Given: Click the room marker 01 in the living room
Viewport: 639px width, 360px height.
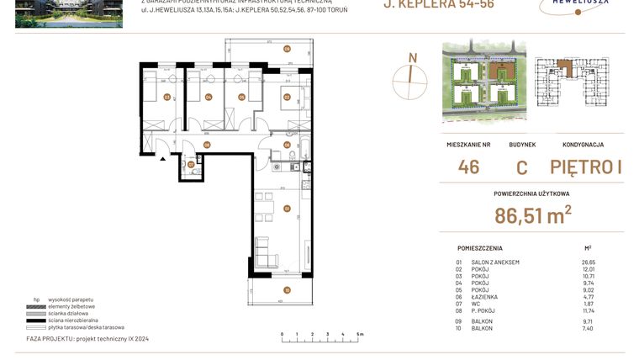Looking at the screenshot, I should (x=287, y=208).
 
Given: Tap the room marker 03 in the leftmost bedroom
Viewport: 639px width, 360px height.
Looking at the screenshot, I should (x=167, y=97).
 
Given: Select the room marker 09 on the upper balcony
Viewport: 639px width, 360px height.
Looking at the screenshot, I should (x=287, y=50).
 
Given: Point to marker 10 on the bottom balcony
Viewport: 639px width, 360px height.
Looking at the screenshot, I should (x=287, y=290).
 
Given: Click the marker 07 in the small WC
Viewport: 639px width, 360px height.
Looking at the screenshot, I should (x=191, y=164).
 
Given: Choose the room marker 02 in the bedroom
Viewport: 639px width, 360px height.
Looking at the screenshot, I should (x=287, y=97).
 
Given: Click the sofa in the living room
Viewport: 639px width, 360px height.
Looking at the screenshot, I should (x=261, y=250).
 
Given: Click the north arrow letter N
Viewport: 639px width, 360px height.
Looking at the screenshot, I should (x=412, y=57).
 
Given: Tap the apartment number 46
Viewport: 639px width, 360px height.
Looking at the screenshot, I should (x=468, y=167).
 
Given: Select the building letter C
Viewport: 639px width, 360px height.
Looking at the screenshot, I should (x=521, y=167).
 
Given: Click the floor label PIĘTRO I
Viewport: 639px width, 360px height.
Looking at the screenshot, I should (x=586, y=167).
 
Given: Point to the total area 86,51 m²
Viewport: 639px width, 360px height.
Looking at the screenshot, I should (x=532, y=215).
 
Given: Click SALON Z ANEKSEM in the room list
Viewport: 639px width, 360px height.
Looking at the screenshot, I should (x=495, y=262).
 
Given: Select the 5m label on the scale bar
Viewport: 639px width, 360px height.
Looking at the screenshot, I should (x=360, y=335).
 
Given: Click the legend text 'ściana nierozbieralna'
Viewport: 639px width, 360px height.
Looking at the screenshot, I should (x=77, y=320).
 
